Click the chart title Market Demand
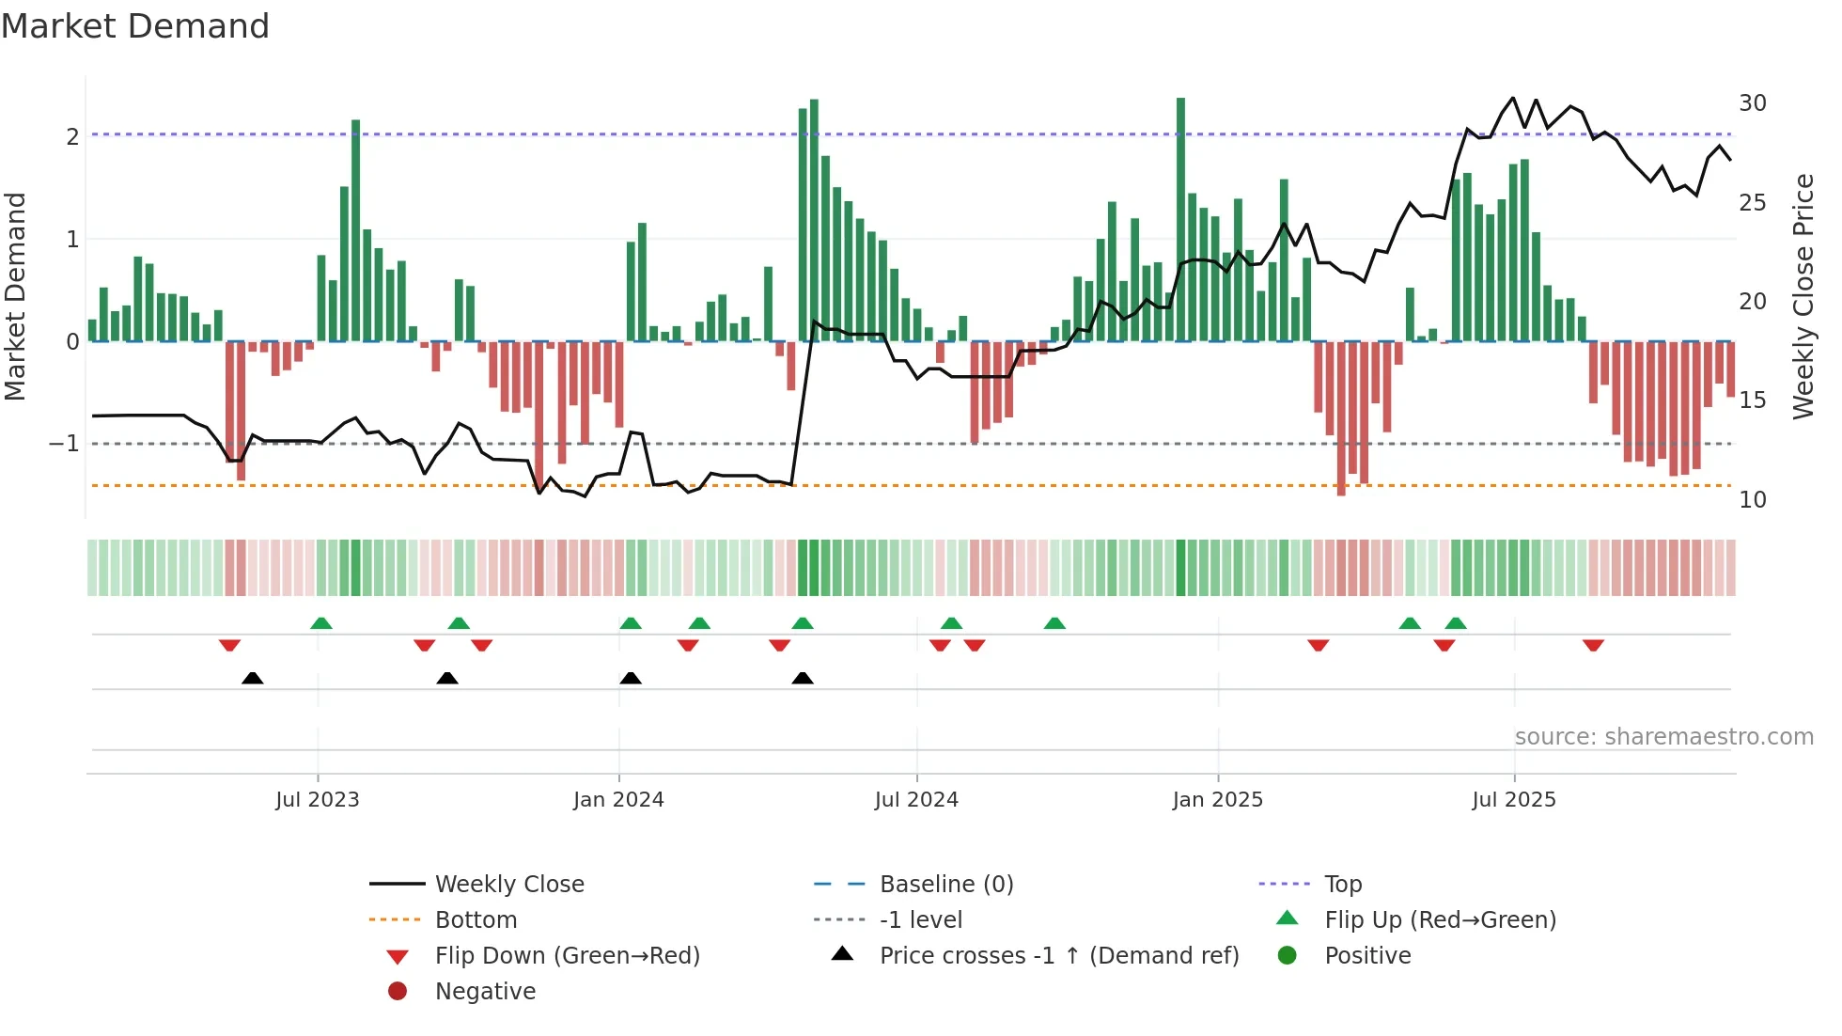point(135,26)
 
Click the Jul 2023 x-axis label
point(317,800)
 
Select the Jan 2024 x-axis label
point(618,800)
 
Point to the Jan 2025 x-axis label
point(1217,800)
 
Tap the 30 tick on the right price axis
point(1752,103)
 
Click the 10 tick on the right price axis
point(1752,500)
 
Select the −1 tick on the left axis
point(64,444)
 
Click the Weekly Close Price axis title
point(1803,296)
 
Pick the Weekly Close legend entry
point(508,885)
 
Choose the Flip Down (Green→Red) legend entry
point(567,956)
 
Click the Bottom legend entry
point(476,920)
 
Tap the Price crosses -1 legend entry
point(1058,956)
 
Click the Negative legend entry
point(485,992)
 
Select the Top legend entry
point(1342,885)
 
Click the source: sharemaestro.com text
point(1663,737)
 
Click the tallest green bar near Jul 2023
point(356,230)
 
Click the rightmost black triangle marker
point(803,678)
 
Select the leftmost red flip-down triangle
point(229,645)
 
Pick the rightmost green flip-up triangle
point(1456,623)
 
